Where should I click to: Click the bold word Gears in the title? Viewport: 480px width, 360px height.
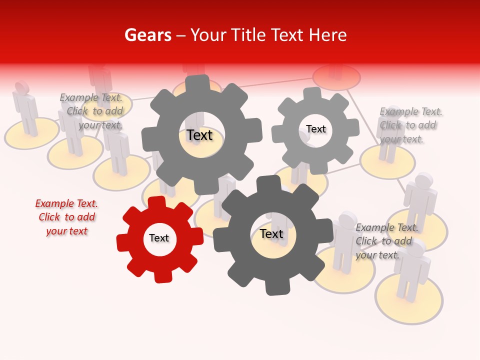point(148,35)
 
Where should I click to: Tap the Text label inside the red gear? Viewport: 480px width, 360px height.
point(159,238)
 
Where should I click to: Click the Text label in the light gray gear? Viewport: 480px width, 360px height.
point(316,129)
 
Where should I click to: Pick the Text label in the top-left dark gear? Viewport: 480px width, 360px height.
point(200,135)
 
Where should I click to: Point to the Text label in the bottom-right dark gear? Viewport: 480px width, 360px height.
point(271,233)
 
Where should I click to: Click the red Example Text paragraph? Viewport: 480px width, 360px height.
point(66,217)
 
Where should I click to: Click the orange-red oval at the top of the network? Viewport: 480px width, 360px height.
point(336,77)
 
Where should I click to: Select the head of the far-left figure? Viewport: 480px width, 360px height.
point(21,87)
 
